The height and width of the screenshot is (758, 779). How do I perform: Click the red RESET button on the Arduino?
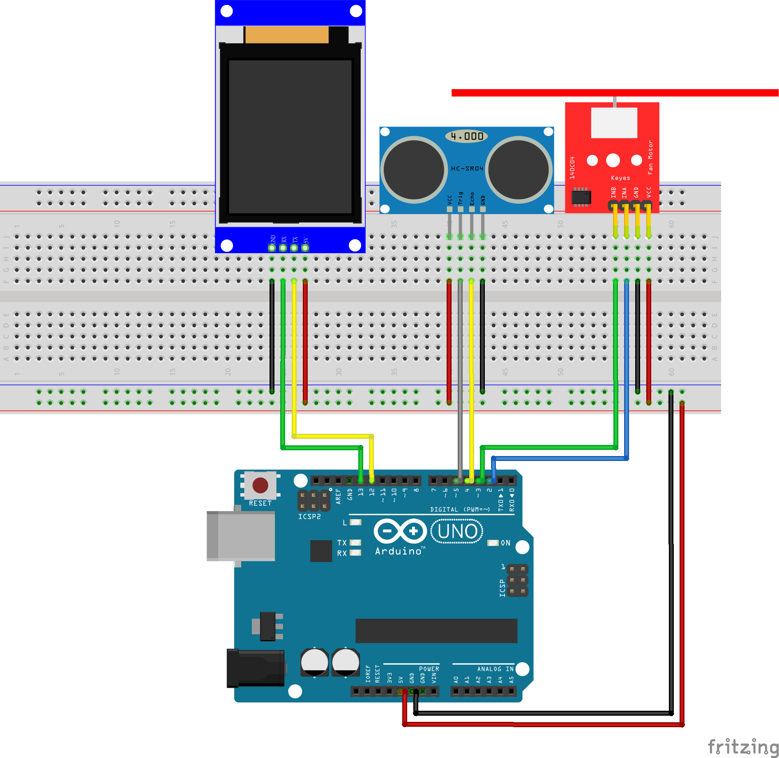coord(260,485)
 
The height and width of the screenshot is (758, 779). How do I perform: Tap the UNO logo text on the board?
coord(457,531)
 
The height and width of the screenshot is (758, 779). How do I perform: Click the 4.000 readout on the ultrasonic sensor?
coord(467,136)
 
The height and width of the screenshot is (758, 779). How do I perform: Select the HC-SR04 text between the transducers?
coord(467,168)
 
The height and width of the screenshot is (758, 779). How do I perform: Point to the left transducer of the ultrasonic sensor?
coord(414,169)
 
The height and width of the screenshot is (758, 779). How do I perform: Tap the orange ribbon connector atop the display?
coord(287,35)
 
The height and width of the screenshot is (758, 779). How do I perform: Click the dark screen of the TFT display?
coord(290,136)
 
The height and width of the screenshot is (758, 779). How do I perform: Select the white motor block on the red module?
coord(614,123)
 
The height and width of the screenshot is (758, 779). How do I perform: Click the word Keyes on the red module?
coord(620,178)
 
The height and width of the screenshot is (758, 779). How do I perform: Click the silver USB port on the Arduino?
coord(241,536)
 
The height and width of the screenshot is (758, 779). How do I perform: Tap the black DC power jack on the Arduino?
coord(256,668)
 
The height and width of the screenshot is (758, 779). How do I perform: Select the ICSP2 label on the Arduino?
coord(309,516)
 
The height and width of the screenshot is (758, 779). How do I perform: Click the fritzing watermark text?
coord(743,746)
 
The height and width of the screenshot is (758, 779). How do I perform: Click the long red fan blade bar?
coord(615,93)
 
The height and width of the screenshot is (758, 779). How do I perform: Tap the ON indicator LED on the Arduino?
coord(493,543)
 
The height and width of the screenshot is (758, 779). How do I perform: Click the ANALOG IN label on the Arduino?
coord(495,669)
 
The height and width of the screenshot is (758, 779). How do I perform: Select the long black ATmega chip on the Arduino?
coord(436,631)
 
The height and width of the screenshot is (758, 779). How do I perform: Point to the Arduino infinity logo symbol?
coord(400,531)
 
